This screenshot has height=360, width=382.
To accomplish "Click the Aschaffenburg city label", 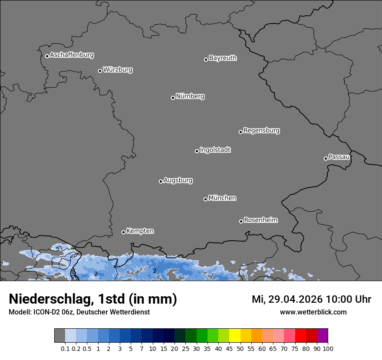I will click(x=72, y=55).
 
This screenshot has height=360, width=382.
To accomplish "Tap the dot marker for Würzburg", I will click(x=100, y=71).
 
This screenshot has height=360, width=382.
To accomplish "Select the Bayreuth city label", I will click(x=223, y=58).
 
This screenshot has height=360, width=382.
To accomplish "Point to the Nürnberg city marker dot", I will click(x=173, y=98).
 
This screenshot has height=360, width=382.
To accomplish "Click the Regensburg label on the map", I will click(x=261, y=131).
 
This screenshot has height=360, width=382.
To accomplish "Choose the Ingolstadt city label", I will click(x=215, y=150).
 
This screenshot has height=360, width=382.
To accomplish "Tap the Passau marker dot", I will click(x=326, y=158).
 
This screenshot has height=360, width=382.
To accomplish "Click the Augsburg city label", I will click(x=178, y=180).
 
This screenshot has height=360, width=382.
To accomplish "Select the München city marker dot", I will click(x=205, y=200).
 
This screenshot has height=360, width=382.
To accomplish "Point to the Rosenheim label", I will click(x=260, y=220).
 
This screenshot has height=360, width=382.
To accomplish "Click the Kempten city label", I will click(x=140, y=231).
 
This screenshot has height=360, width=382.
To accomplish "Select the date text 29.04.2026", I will click(x=293, y=299).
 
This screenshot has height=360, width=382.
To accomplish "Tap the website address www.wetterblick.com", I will click(x=313, y=312).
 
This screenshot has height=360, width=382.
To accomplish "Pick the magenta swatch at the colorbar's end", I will click(x=322, y=336).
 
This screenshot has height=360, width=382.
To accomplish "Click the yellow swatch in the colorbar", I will click(x=234, y=336).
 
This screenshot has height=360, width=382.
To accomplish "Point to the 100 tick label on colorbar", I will click(x=328, y=348).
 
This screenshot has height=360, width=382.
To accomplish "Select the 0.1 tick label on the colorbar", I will click(x=65, y=348).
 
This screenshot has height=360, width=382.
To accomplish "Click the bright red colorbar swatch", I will click(x=300, y=336).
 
